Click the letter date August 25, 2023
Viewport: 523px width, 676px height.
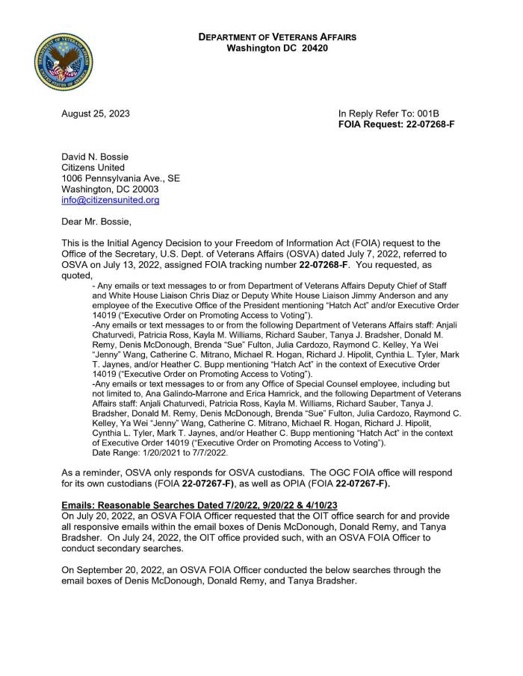[95, 113]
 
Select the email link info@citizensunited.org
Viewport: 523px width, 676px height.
[110, 200]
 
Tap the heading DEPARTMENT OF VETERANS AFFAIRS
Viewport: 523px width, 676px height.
[276, 37]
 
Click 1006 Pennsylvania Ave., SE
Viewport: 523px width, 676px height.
[120, 179]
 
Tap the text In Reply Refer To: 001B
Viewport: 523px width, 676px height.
[388, 113]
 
